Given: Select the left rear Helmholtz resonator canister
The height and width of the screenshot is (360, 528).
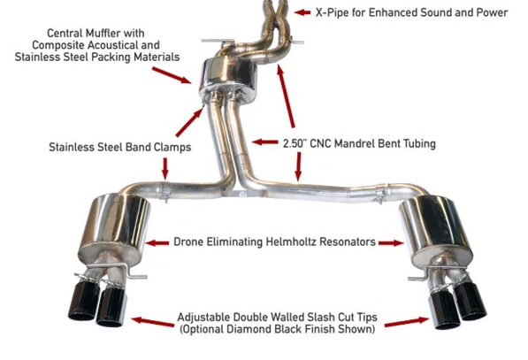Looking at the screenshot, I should tap(113, 232).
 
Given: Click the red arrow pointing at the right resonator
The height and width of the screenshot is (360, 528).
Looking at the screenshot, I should tap(390, 241).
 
